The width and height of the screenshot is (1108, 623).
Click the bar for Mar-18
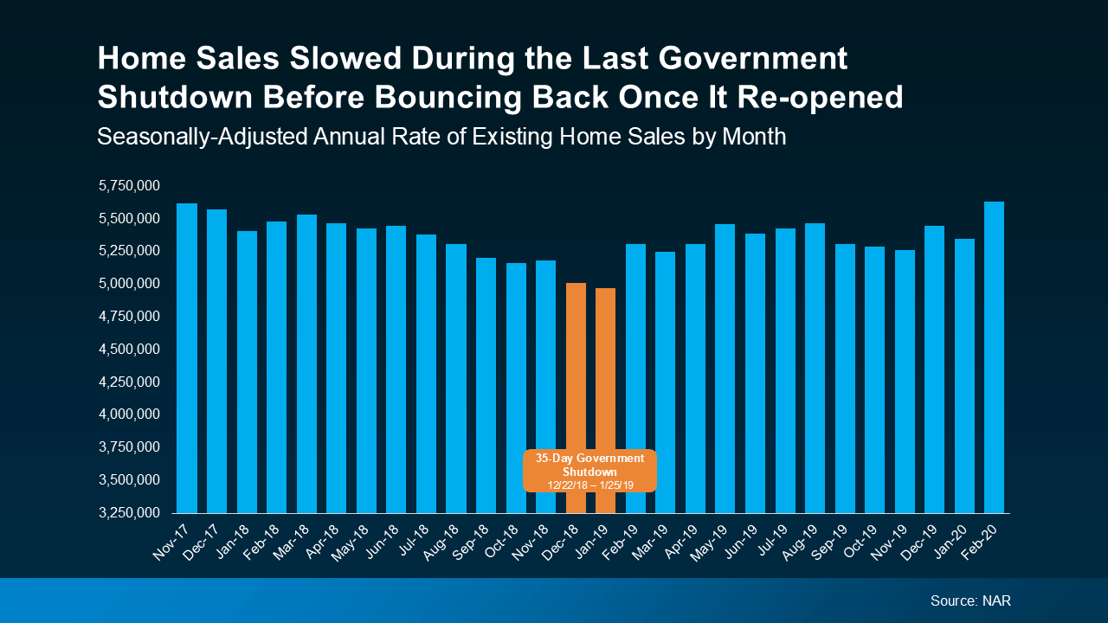click(x=306, y=363)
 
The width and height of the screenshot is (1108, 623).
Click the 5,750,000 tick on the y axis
click(x=130, y=185)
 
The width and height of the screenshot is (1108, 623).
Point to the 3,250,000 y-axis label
click(x=130, y=512)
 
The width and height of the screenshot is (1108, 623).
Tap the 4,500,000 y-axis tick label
click(x=130, y=349)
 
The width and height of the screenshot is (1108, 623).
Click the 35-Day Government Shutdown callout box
click(x=589, y=471)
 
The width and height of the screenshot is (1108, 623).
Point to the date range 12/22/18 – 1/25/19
click(x=589, y=485)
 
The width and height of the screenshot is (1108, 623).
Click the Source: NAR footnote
click(x=969, y=601)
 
